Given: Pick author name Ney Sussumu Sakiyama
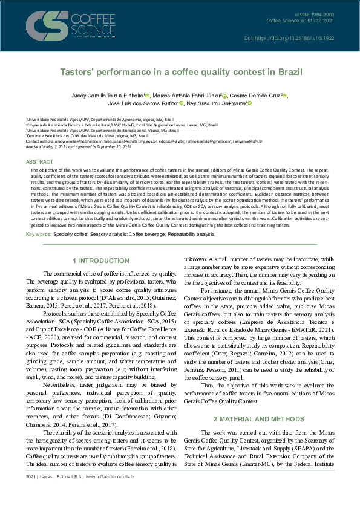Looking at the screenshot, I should point(218,103).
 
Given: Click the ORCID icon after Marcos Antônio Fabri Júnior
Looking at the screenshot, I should point(225,96).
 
